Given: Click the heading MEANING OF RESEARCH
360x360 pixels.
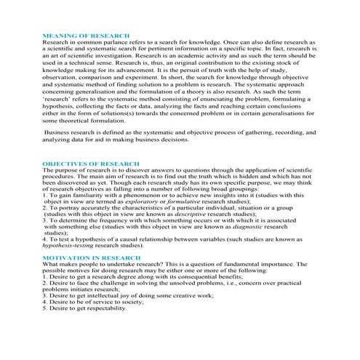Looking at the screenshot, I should coord(87,35).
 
